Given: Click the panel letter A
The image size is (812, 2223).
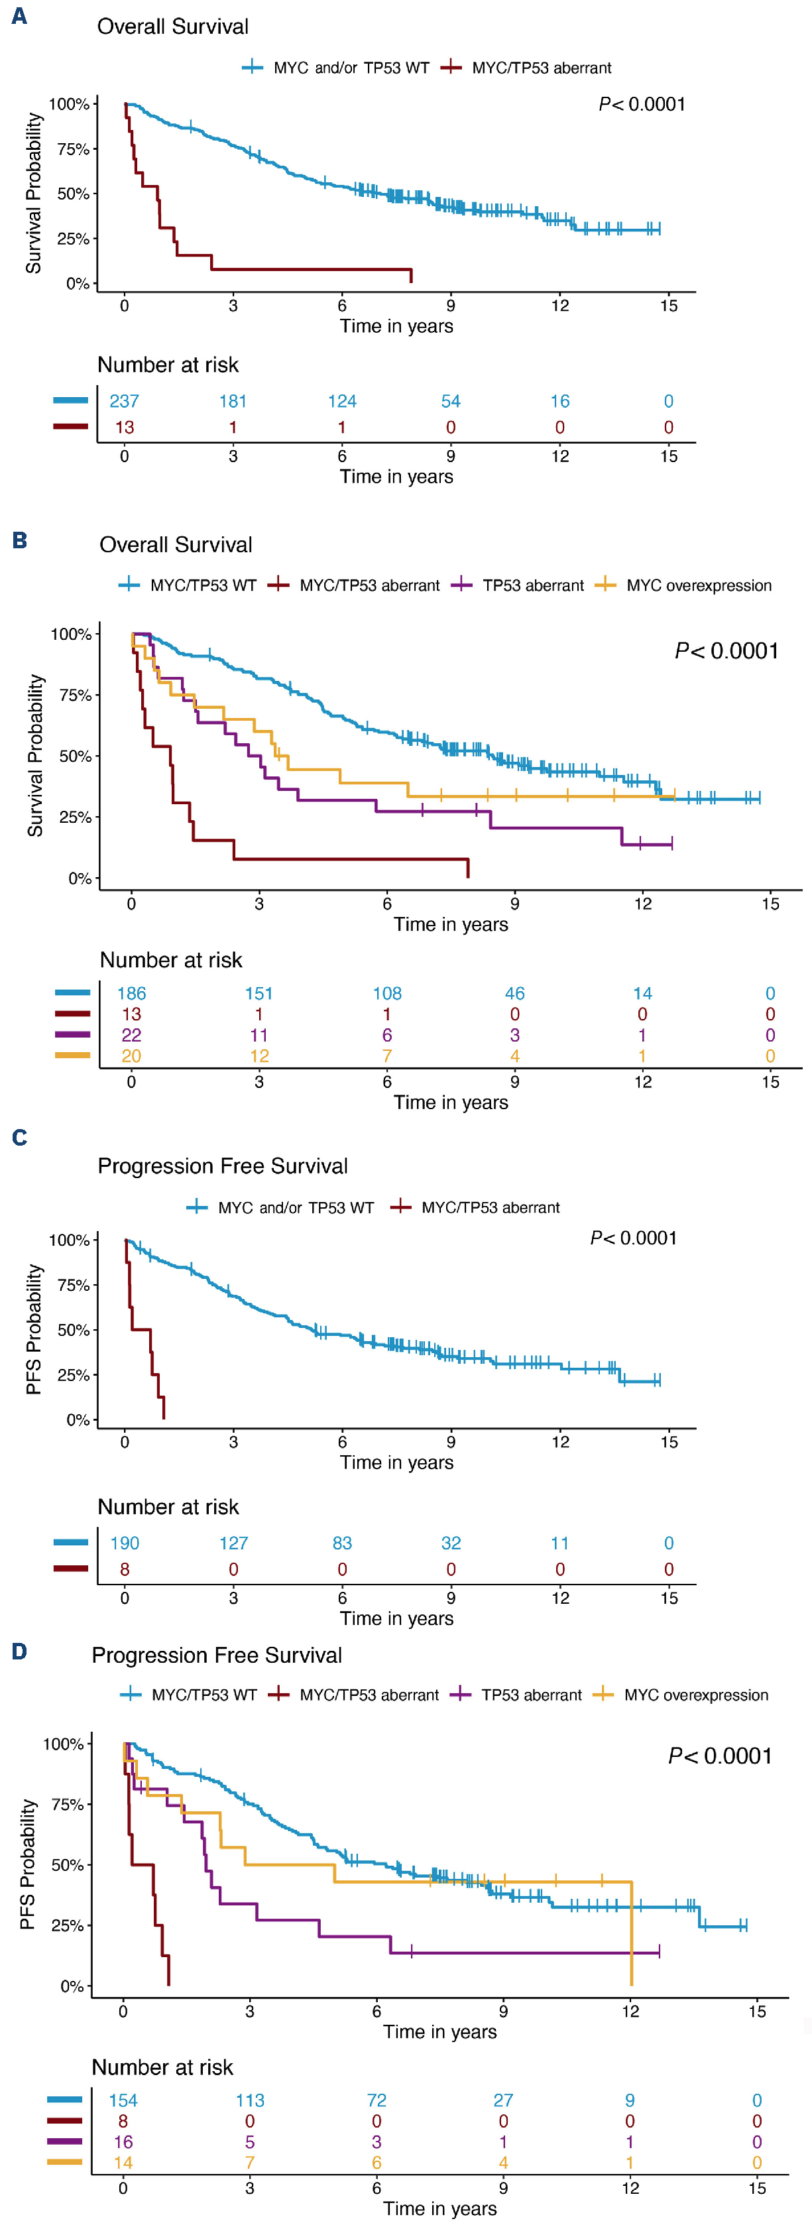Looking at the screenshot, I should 19,17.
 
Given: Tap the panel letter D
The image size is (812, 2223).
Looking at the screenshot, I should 19,1651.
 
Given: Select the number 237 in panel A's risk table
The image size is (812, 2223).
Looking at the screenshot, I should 124,401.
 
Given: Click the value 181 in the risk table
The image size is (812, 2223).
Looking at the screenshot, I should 233,401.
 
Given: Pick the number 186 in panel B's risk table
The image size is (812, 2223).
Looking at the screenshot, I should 131,993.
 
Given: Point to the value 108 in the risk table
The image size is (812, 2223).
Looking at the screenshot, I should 386,993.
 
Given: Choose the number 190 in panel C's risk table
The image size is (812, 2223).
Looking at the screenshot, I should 124,1543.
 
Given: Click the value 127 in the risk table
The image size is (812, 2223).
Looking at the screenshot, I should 233,1543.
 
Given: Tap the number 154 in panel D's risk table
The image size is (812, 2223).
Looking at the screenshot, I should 123,2100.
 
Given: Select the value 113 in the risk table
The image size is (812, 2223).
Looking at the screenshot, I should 251,2100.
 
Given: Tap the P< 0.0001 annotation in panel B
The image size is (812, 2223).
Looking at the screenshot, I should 726,650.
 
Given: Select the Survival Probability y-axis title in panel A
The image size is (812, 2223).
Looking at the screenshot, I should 34,194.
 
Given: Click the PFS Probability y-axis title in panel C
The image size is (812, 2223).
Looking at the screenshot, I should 34,1329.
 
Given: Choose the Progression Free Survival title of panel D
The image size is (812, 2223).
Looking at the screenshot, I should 217,1655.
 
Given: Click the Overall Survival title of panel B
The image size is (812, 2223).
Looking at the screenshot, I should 176,544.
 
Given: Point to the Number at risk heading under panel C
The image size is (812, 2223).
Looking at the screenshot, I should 168,1507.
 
